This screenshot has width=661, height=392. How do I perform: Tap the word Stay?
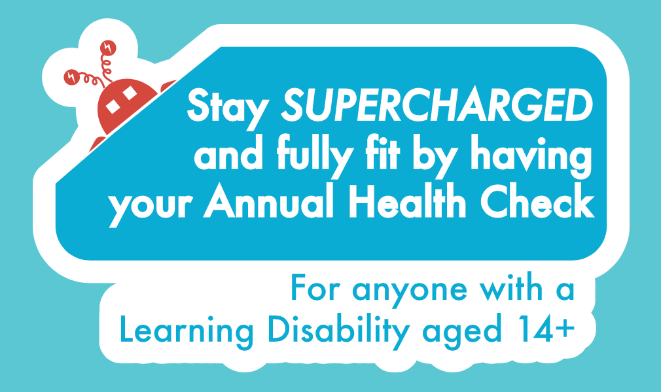pyautogui.click(x=228, y=108)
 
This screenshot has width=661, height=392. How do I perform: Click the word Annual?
pyautogui.click(x=268, y=200)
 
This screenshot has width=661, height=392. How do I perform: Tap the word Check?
pyautogui.click(x=537, y=200)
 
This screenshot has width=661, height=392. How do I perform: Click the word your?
pyautogui.click(x=150, y=206)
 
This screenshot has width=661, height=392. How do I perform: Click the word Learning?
pyautogui.click(x=187, y=332)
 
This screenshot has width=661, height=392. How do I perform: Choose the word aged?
pyautogui.click(x=462, y=333)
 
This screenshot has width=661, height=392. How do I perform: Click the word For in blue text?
pyautogui.click(x=315, y=287)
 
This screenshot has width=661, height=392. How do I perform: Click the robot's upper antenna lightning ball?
pyautogui.click(x=108, y=48)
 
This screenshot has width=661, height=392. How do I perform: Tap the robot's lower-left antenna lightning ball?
pyautogui.click(x=72, y=77)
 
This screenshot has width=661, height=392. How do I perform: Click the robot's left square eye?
pyautogui.click(x=112, y=106)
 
